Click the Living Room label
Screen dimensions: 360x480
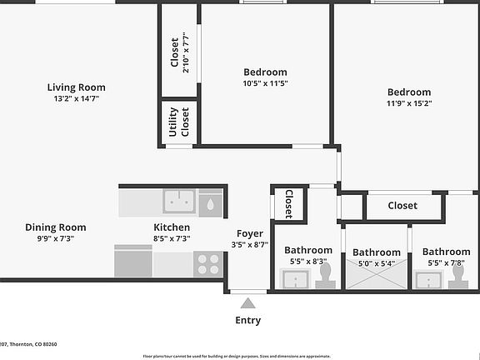click(x=76, y=87)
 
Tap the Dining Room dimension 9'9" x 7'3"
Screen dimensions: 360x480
click(x=55, y=238)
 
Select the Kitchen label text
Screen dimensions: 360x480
click(x=172, y=227)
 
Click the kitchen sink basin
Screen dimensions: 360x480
click(x=179, y=201)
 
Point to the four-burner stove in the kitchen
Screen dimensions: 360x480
click(x=208, y=264)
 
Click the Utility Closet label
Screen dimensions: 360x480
click(x=179, y=122)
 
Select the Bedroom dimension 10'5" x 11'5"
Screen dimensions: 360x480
click(x=265, y=83)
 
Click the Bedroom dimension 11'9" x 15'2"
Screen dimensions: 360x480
click(x=408, y=103)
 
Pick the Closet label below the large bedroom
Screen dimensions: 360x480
click(x=402, y=206)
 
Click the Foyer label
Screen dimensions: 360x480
click(x=249, y=233)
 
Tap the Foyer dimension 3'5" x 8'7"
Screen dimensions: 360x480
click(x=249, y=245)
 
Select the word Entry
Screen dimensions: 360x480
click(x=248, y=320)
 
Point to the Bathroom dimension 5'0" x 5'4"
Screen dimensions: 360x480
click(x=376, y=263)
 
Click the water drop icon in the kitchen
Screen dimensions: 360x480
click(x=210, y=202)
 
